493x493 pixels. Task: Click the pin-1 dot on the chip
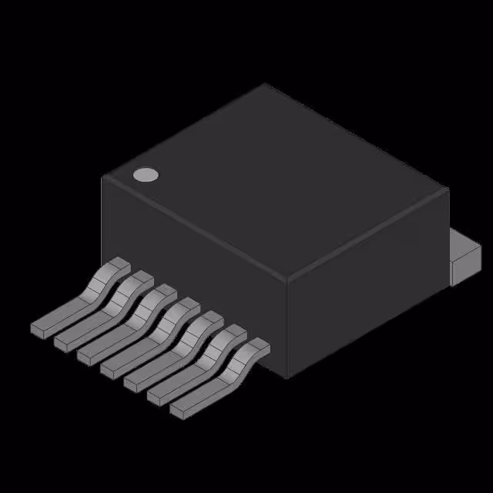[145, 175]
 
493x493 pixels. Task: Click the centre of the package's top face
[275, 182]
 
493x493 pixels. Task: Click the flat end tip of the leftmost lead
[38, 329]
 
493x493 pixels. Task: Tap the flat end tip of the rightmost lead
[178, 411]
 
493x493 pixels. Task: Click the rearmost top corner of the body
[265, 84]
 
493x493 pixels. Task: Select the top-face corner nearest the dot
[102, 176]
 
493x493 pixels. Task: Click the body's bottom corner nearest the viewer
[287, 378]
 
